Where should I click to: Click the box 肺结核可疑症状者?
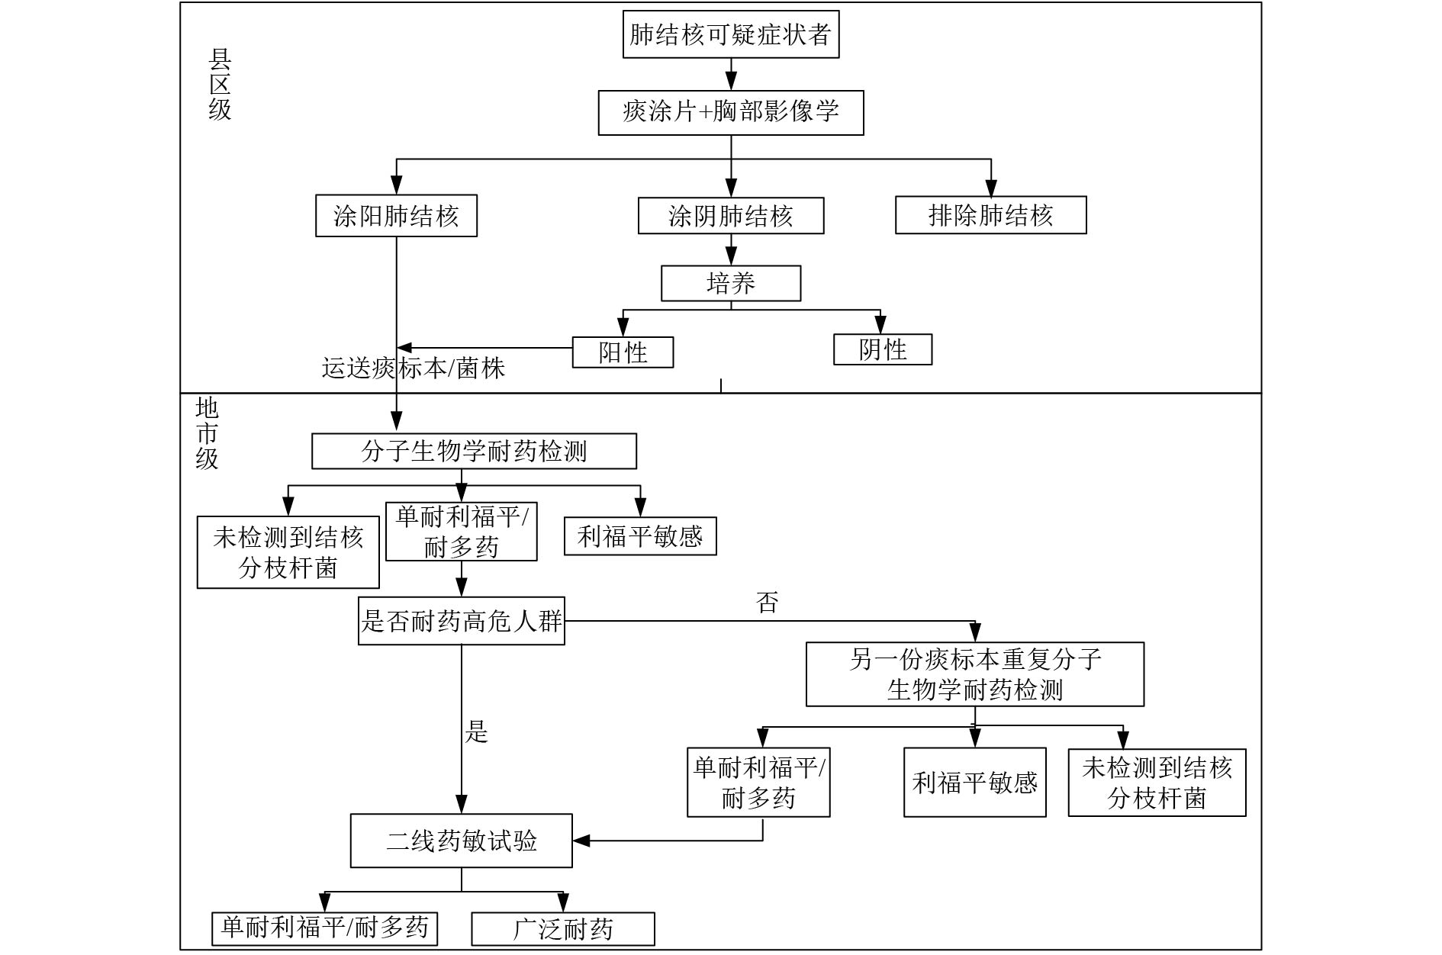tap(730, 34)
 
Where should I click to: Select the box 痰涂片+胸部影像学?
tap(730, 113)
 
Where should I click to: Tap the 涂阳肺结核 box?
tap(396, 216)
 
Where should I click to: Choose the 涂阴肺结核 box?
tap(730, 216)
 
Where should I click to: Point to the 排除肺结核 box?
tap(990, 215)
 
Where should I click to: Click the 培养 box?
tap(730, 284)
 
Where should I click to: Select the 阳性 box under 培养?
tap(623, 352)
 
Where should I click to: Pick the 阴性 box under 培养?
tap(882, 349)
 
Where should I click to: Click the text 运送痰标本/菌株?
tap(413, 368)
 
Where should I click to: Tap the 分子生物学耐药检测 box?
tap(474, 452)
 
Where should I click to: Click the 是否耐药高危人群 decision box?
tap(461, 621)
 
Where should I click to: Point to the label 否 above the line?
tap(767, 603)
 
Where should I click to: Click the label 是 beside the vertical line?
tap(477, 732)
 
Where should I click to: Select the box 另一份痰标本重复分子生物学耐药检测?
tap(974, 674)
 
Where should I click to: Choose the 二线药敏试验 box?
tap(461, 841)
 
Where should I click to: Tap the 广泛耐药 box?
tap(562, 929)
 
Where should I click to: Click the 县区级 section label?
tap(220, 85)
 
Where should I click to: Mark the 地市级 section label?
tap(207, 433)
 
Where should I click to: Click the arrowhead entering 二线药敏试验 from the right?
tap(581, 841)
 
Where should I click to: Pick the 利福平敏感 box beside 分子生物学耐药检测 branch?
tap(639, 536)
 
